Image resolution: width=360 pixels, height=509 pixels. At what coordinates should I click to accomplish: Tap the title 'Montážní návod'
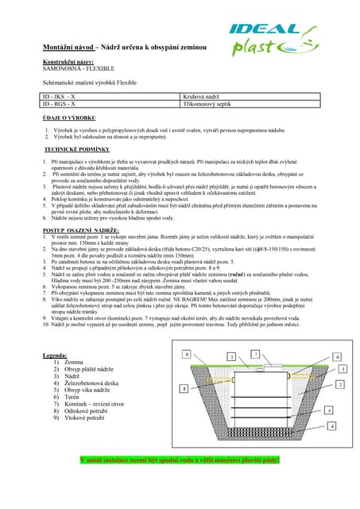[68, 48]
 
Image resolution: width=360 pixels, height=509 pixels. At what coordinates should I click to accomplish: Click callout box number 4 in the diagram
[331, 426]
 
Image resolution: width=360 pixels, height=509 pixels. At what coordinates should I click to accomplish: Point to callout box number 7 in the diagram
[255, 353]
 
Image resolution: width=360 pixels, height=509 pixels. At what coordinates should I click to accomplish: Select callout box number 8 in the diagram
[184, 388]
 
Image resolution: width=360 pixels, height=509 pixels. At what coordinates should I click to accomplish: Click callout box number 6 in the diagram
[186, 352]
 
